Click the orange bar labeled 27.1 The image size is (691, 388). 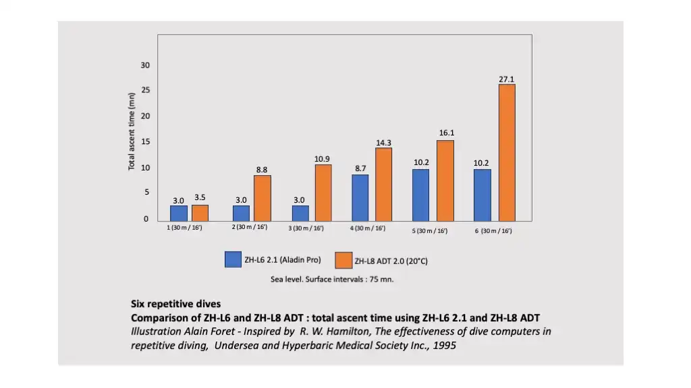tap(506, 152)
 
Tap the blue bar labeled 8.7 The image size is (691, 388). tap(360, 197)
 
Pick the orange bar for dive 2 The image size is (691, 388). tap(262, 198)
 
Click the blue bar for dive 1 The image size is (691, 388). tap(179, 213)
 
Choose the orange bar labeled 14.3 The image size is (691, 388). tap(384, 184)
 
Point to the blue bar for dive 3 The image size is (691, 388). tap(300, 213)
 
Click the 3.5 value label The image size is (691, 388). tap(200, 197)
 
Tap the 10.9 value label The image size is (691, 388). tap(323, 158)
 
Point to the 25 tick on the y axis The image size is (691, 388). tap(145, 90)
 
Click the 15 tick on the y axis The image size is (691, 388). tap(145, 141)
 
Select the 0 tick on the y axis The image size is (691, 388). tap(145, 219)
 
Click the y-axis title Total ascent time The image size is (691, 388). tap(132, 131)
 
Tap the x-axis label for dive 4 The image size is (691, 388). tap(368, 228)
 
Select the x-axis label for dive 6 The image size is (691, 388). tap(493, 231)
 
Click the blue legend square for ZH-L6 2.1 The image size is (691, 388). tap(233, 259)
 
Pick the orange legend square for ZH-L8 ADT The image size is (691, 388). tap(343, 260)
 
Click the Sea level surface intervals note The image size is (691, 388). tap(332, 280)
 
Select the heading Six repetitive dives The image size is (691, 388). tap(175, 304)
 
